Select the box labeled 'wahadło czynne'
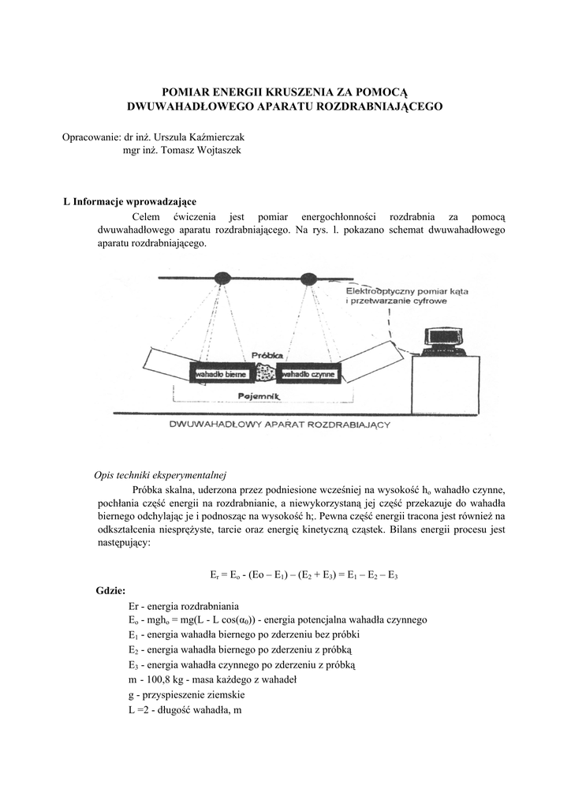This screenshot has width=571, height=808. (308, 373)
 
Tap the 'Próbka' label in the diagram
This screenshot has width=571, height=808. (267, 356)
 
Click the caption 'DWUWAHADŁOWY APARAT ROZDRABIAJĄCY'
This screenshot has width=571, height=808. (280, 425)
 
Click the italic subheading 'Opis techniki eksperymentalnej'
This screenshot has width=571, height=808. (160, 475)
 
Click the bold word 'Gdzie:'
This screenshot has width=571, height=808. (110, 590)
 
